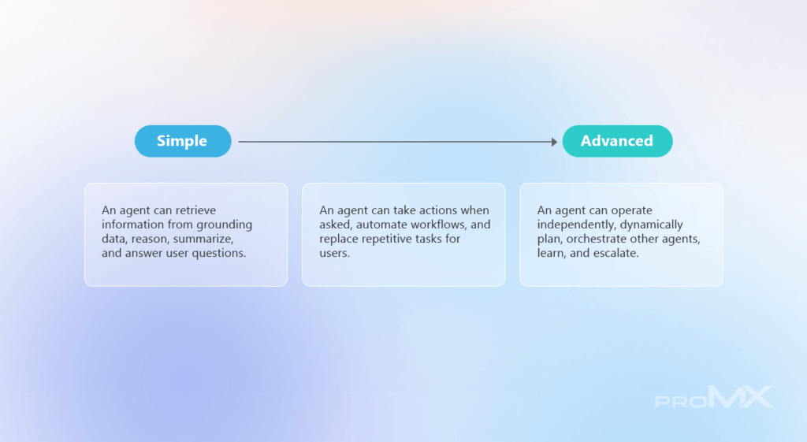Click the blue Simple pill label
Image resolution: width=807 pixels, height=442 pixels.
(183, 141)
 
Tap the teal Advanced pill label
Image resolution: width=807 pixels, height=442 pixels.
(617, 141)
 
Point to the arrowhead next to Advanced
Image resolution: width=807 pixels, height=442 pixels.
(554, 142)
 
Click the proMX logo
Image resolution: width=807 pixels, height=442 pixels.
(714, 397)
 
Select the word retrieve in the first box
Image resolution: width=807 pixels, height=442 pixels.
(195, 210)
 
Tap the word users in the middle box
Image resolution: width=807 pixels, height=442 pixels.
(334, 253)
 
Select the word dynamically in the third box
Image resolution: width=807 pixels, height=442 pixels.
(652, 225)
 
